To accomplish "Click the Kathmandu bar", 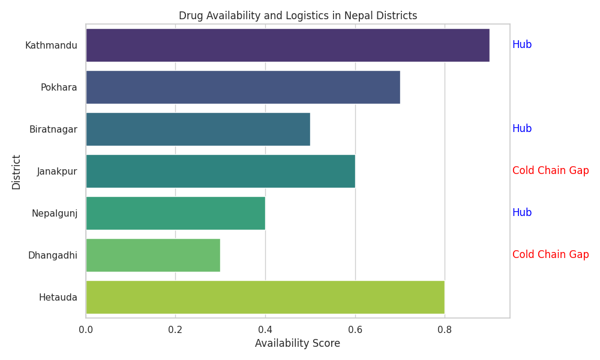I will point(287,45).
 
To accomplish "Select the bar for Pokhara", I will point(242,87).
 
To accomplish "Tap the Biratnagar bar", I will point(198,129).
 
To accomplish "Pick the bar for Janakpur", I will point(220,171).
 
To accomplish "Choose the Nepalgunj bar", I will point(175,213).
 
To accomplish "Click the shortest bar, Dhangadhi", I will point(153,255).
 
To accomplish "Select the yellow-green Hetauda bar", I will point(265,297).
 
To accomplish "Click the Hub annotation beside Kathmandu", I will point(522,45).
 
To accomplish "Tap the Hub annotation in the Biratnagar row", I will point(522,129).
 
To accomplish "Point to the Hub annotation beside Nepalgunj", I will point(522,213).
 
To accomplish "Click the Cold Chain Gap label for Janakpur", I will point(550,171).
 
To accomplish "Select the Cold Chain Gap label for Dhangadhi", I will point(550,255).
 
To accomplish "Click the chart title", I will point(298,16).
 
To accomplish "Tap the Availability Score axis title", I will point(298,344).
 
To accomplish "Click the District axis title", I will point(16,172).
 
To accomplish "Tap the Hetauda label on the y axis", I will point(58,297).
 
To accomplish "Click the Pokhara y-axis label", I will point(59,88).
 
